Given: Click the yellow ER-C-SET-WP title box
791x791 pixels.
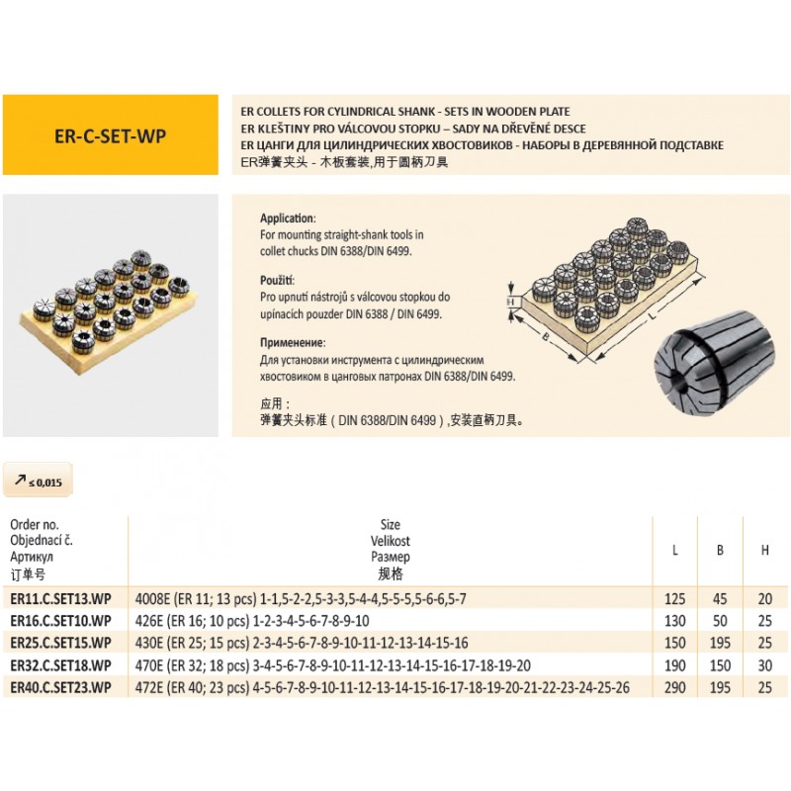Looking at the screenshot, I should [x=110, y=134].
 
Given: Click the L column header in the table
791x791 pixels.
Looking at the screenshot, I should [x=674, y=551].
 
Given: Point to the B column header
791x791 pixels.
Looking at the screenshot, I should [x=720, y=551].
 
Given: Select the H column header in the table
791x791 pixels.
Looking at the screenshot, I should [x=764, y=551].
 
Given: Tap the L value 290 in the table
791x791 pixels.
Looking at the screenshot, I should [x=674, y=686].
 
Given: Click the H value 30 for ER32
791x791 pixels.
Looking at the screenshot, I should [x=764, y=664].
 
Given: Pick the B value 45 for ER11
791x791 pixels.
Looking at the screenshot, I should [x=720, y=599].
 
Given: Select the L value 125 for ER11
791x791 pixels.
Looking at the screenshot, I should [x=674, y=599].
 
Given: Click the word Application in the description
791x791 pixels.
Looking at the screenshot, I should [x=288, y=218].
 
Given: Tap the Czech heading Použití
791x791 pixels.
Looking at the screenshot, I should [x=279, y=280].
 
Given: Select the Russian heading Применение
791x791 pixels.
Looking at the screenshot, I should [x=295, y=344].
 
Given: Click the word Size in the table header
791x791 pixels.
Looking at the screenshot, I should [x=392, y=526].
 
